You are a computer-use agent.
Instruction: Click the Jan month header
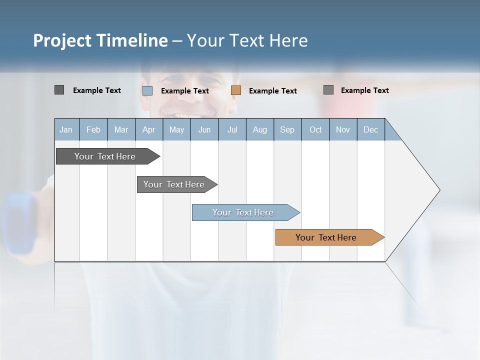pyautogui.click(x=66, y=129)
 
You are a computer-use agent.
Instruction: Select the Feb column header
pyautogui.click(x=93, y=129)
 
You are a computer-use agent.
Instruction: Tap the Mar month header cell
pyautogui.click(x=121, y=129)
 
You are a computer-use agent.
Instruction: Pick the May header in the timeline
pyautogui.click(x=176, y=129)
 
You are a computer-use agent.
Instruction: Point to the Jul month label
pyautogui.click(x=232, y=129)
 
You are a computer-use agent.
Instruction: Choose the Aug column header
pyautogui.click(x=259, y=129)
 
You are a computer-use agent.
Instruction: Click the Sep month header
pyautogui.click(x=287, y=129)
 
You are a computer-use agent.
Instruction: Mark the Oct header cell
pyautogui.click(x=315, y=129)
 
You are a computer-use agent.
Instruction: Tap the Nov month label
pyautogui.click(x=343, y=129)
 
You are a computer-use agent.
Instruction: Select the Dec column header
pyautogui.click(x=370, y=129)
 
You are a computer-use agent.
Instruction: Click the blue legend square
pyautogui.click(x=147, y=90)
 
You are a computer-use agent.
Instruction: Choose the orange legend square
pyautogui.click(x=236, y=90)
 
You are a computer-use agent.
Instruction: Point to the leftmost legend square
pyautogui.click(x=59, y=90)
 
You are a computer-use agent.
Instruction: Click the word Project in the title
pyautogui.click(x=62, y=40)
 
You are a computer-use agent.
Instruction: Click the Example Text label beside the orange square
pyautogui.click(x=273, y=91)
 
